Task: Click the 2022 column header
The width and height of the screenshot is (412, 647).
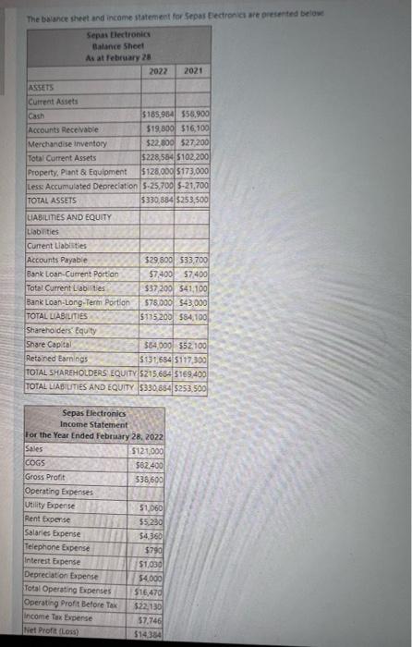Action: click(158, 69)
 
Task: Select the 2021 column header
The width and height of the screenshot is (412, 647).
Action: click(194, 69)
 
